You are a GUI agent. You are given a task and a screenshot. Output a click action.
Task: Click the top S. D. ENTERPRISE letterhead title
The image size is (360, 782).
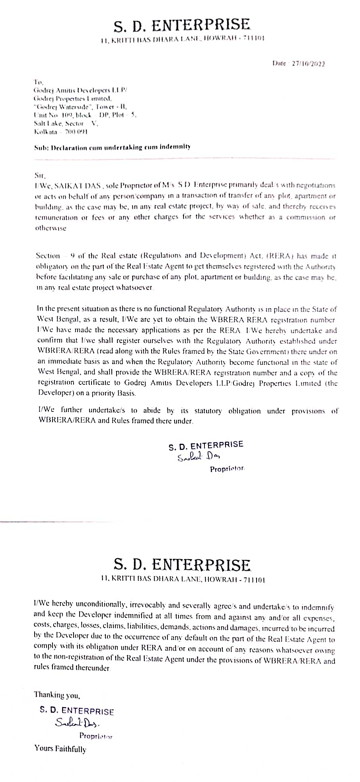click(x=182, y=25)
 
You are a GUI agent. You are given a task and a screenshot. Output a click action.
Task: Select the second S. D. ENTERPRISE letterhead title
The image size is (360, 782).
click(x=182, y=565)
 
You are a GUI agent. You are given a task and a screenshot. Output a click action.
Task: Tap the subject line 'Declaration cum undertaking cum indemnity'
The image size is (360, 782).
click(x=112, y=147)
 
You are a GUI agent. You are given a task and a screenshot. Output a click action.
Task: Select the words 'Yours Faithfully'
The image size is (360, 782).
click(x=60, y=749)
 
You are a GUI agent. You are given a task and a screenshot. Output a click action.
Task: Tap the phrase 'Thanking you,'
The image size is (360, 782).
click(x=57, y=695)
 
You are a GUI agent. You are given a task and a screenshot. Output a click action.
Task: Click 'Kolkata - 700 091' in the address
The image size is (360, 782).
click(x=61, y=131)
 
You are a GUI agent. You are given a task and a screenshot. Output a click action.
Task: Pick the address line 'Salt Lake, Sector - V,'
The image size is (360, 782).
click(x=66, y=123)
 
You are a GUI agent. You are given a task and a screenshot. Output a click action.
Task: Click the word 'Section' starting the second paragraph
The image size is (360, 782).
click(x=48, y=255)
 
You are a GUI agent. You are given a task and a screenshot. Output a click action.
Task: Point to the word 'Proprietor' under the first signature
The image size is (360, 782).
click(x=227, y=469)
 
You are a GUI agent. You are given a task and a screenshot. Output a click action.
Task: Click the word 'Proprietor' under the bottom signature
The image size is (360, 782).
click(x=96, y=736)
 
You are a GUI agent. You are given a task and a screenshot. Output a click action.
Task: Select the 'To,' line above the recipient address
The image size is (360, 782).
click(x=38, y=82)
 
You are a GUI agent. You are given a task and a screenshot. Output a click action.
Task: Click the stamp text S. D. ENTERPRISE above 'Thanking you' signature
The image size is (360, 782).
click(x=77, y=711)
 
